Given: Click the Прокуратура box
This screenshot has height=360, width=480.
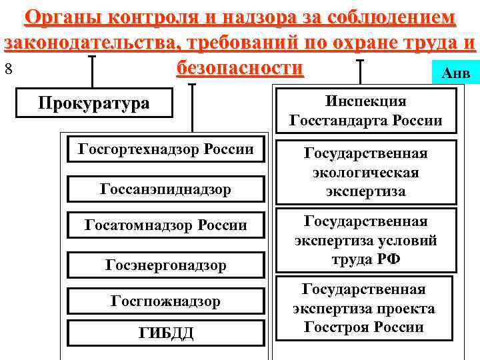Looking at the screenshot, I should pos(94,103).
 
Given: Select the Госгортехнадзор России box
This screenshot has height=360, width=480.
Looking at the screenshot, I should pos(166,149).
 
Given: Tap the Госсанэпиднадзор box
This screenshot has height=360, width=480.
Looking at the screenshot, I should pos(166,189).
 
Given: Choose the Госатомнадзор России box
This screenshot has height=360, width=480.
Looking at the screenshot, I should pos(166,225).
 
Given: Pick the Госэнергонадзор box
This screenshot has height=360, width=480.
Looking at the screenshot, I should pos(166,265).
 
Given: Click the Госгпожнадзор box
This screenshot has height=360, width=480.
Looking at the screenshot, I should pos(166,301).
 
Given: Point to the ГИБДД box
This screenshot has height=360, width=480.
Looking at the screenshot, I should pos(166,333).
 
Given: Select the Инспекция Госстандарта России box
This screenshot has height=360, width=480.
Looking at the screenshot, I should pos(366,111).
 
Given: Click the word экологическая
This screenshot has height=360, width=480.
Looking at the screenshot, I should pos(366,173).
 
